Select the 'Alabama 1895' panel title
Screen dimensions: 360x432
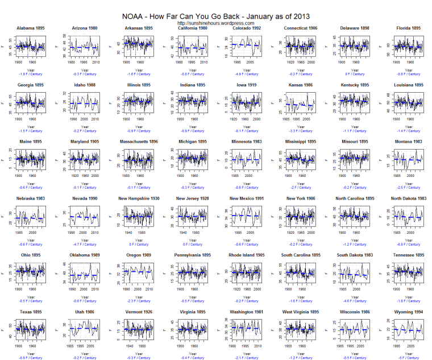[31, 28]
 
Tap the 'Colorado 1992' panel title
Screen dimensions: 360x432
[244, 28]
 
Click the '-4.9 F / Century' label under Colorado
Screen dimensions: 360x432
[244, 73]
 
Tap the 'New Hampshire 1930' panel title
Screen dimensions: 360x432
[138, 198]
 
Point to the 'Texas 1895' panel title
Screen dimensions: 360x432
[31, 312]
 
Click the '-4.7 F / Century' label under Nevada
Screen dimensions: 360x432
[84, 244]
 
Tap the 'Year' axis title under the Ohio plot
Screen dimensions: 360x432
[31, 297]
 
